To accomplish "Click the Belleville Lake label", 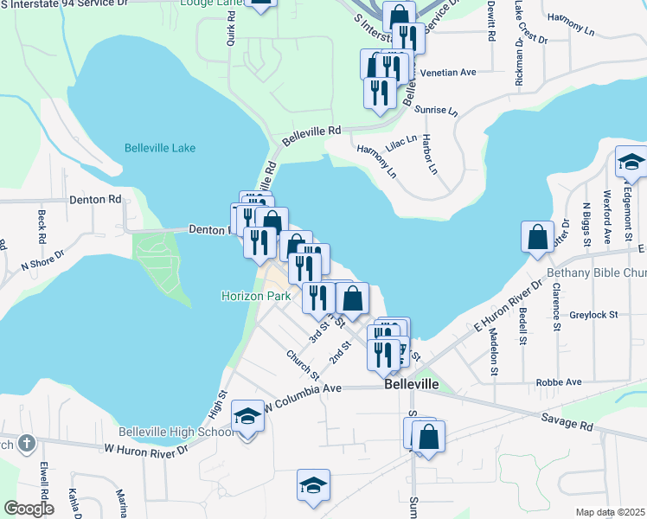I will click(160, 148).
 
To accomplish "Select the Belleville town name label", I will click(412, 383).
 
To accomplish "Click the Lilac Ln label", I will click(401, 143).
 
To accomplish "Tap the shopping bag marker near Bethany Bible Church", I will click(537, 236).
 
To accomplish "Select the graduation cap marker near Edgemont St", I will click(631, 162).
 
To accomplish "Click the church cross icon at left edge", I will click(27, 444).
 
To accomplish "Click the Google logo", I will click(29, 509).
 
